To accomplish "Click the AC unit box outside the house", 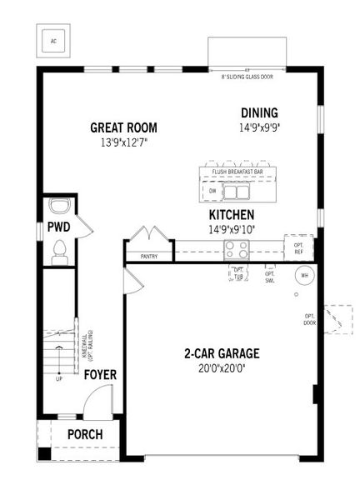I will tap(52, 39).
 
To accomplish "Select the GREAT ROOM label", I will tap(124, 127).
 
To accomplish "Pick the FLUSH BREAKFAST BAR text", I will tap(237, 172).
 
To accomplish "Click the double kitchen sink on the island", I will tap(237, 192).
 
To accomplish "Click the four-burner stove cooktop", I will tap(236, 247).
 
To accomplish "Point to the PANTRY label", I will tap(149, 257).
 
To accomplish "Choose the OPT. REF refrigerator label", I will tap(297, 248).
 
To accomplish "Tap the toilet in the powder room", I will tap(58, 249).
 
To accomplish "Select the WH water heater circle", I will tap(304, 276).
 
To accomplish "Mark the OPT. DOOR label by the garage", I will tap(309, 319).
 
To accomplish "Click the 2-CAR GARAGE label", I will tap(222, 352).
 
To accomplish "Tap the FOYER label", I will tap(100, 374).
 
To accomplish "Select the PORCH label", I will tap(85, 434).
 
